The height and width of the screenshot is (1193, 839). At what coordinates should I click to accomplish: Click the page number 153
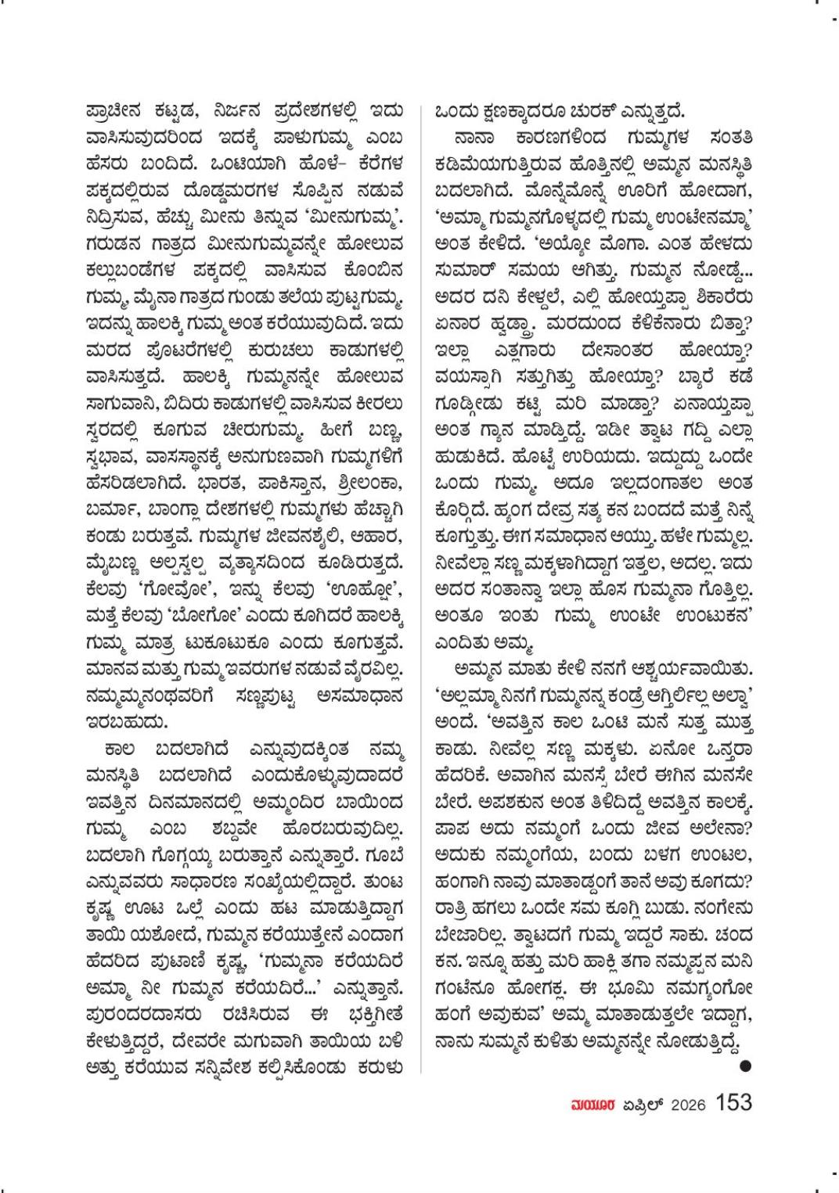pos(733,1103)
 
